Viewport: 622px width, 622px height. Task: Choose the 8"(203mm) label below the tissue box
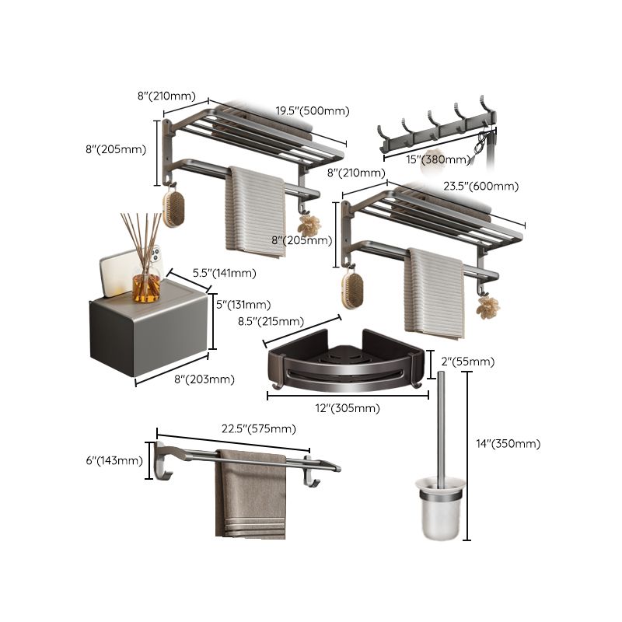coord(204,379)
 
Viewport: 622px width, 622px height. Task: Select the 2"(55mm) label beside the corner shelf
coord(466,362)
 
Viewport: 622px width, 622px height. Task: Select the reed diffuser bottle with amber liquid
coord(145,284)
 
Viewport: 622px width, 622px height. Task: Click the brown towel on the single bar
coord(250,498)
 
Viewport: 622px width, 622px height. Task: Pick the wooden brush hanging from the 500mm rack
coord(173,208)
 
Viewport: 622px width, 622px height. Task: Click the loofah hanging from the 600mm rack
coord(487,308)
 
